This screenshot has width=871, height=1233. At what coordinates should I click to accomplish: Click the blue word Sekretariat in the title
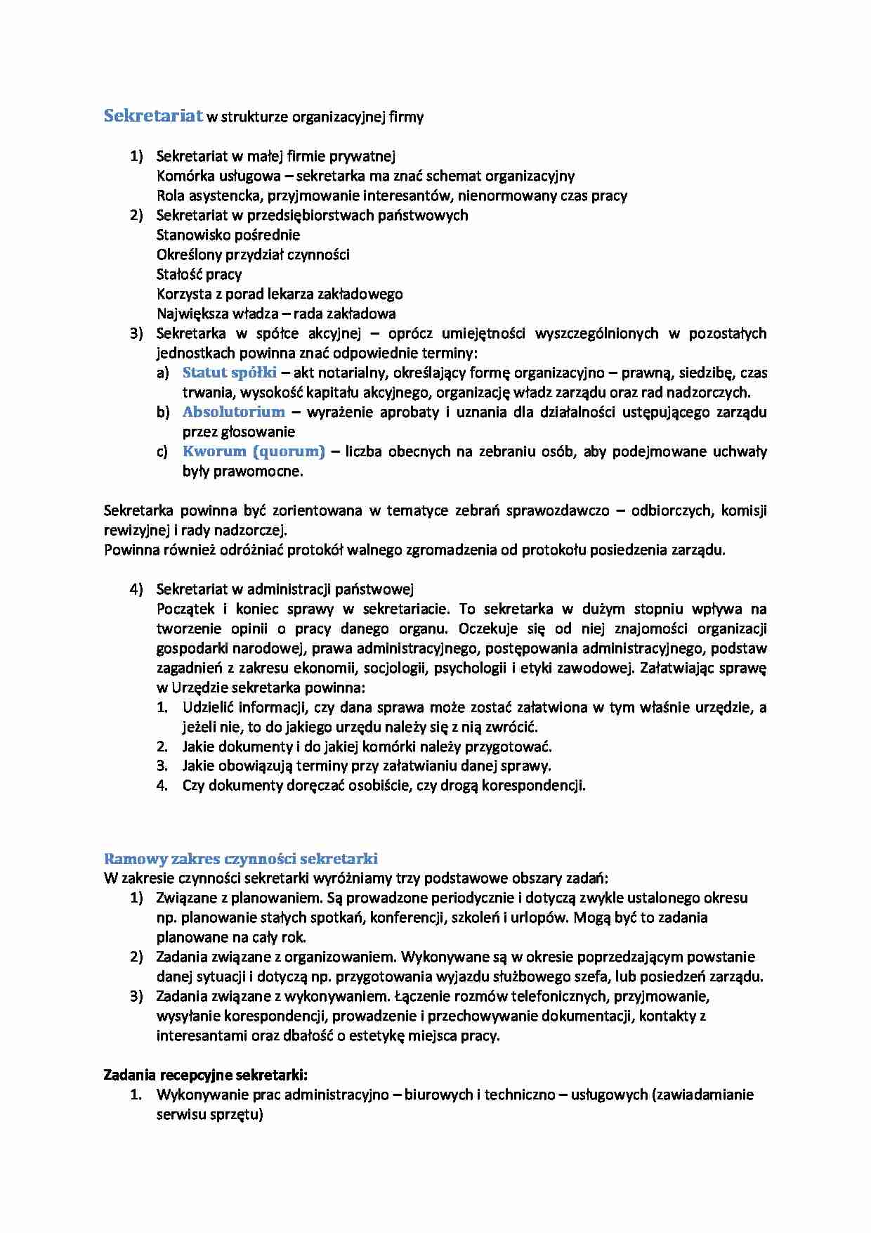(153, 116)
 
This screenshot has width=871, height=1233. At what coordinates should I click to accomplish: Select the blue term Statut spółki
(230, 373)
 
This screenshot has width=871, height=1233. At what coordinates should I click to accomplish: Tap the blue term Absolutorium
(233, 412)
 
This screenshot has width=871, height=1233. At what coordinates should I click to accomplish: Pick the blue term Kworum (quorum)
(254, 451)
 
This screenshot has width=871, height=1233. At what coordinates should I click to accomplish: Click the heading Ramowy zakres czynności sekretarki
(241, 858)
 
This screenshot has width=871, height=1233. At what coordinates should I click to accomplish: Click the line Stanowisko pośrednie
(228, 235)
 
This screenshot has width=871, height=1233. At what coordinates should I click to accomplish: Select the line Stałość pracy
(199, 274)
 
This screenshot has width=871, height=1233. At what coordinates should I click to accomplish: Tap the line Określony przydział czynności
(253, 254)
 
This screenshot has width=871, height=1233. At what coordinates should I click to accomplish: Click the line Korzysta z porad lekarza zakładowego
(280, 294)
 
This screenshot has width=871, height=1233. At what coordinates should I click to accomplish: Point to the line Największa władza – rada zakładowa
(276, 314)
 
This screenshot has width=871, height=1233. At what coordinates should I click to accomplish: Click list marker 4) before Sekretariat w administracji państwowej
(136, 589)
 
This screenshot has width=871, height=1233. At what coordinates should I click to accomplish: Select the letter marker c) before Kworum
(162, 451)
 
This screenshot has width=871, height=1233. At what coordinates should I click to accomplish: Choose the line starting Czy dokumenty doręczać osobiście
(384, 785)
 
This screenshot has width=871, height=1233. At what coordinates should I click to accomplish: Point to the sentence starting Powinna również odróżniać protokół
(414, 550)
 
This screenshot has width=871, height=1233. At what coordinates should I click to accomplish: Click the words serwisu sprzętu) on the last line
(209, 1114)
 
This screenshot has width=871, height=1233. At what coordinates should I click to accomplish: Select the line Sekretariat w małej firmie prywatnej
(276, 156)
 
